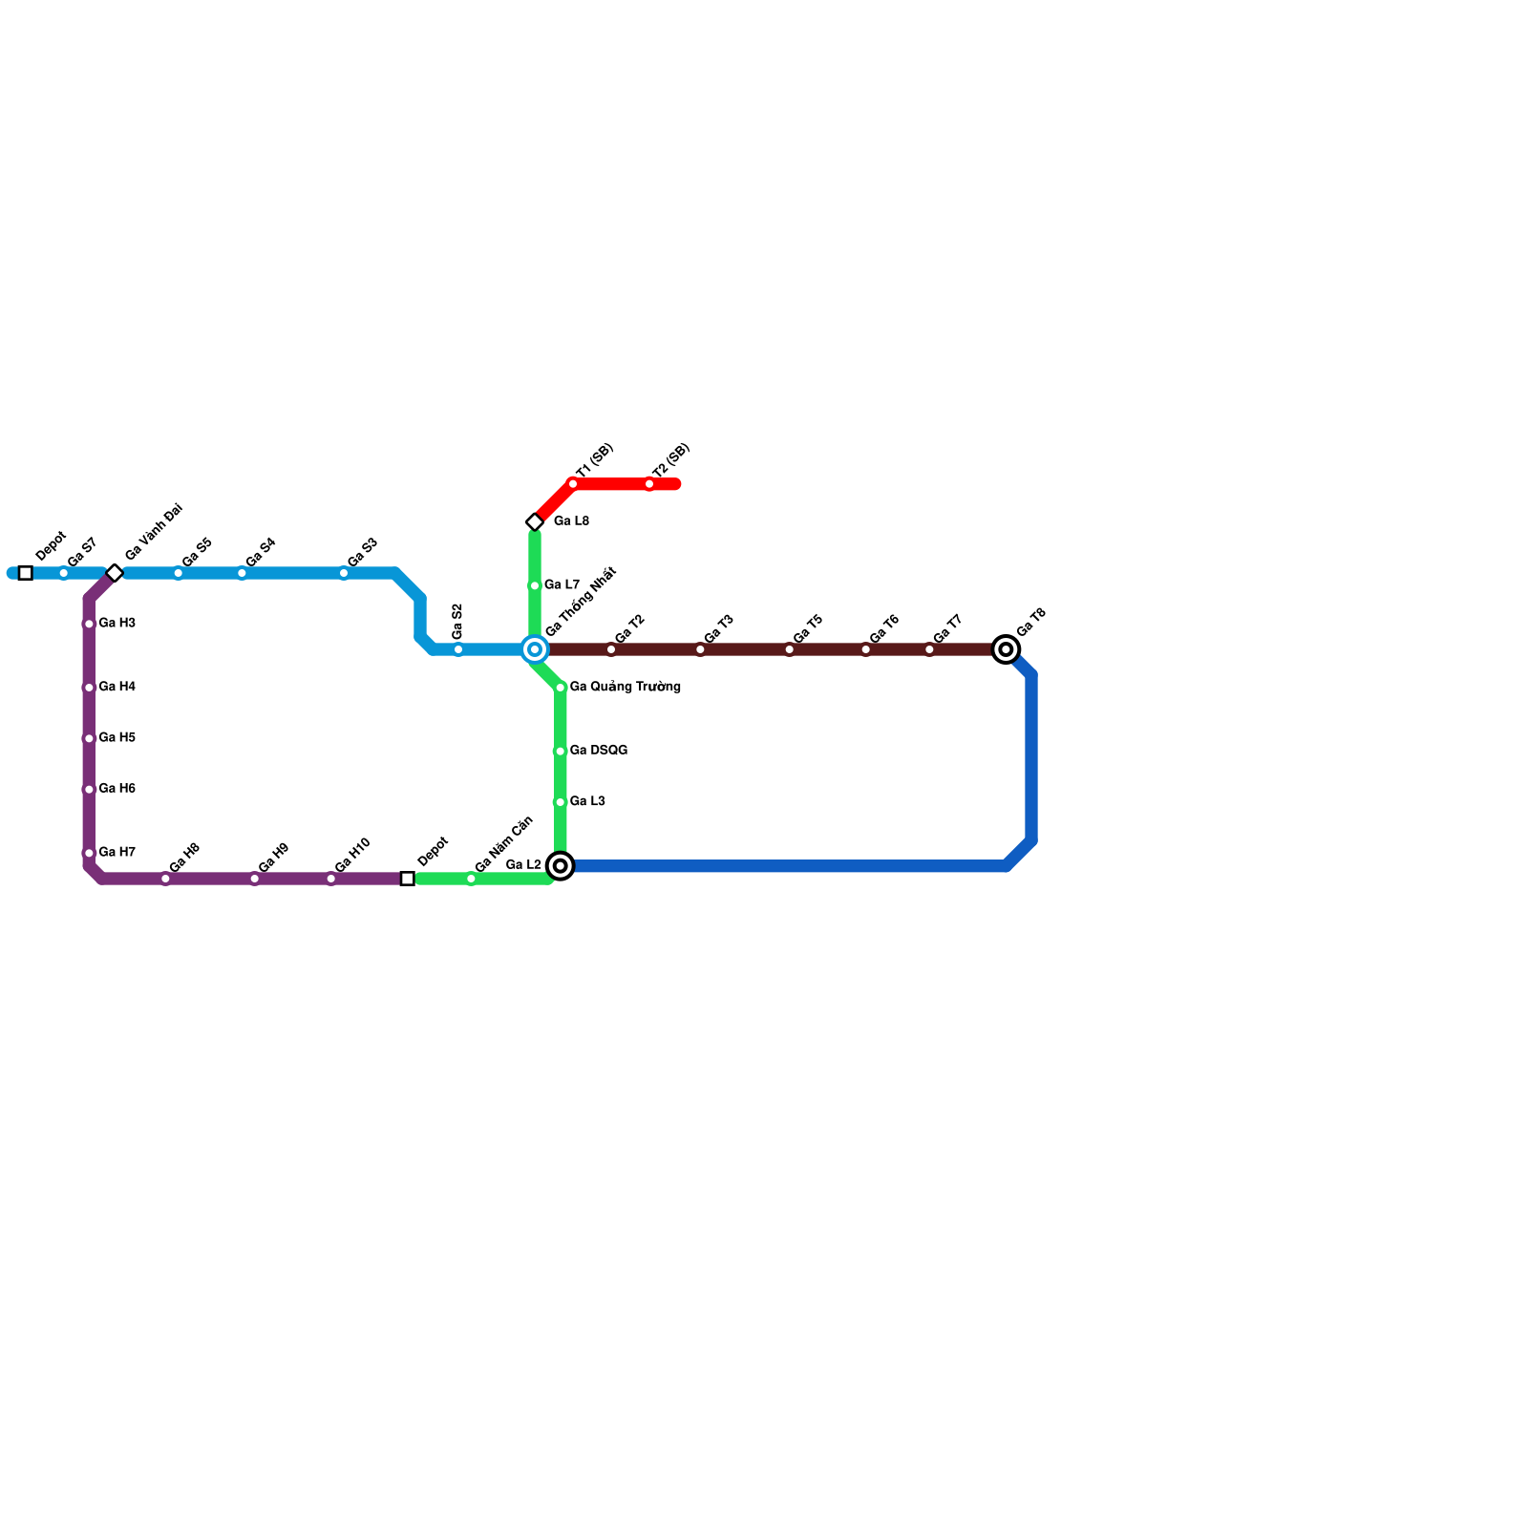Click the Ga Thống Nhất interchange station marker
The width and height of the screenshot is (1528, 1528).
535,649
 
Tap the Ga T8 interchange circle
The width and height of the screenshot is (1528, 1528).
1006,649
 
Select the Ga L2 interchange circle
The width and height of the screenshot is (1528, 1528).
561,866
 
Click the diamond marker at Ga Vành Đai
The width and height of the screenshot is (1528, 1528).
115,573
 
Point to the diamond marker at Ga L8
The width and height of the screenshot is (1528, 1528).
535,521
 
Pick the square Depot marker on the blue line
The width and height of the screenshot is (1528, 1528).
26,573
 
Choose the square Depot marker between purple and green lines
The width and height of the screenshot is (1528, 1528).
408,879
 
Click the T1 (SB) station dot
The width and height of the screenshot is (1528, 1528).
573,484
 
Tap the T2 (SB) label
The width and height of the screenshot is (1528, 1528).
670,462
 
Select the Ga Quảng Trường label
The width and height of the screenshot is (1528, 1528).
625,687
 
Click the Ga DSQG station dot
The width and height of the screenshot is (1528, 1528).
561,752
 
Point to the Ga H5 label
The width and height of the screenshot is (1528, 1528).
117,738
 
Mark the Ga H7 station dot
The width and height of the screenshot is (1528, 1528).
89,853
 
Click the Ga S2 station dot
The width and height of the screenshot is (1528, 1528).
458,649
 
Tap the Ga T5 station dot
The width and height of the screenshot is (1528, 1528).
790,649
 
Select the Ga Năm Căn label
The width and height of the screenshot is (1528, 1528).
503,844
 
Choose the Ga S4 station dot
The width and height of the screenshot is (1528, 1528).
242,573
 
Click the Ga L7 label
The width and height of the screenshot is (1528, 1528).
562,584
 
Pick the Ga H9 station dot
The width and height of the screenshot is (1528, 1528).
255,879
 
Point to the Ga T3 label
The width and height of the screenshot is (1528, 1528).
718,629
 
